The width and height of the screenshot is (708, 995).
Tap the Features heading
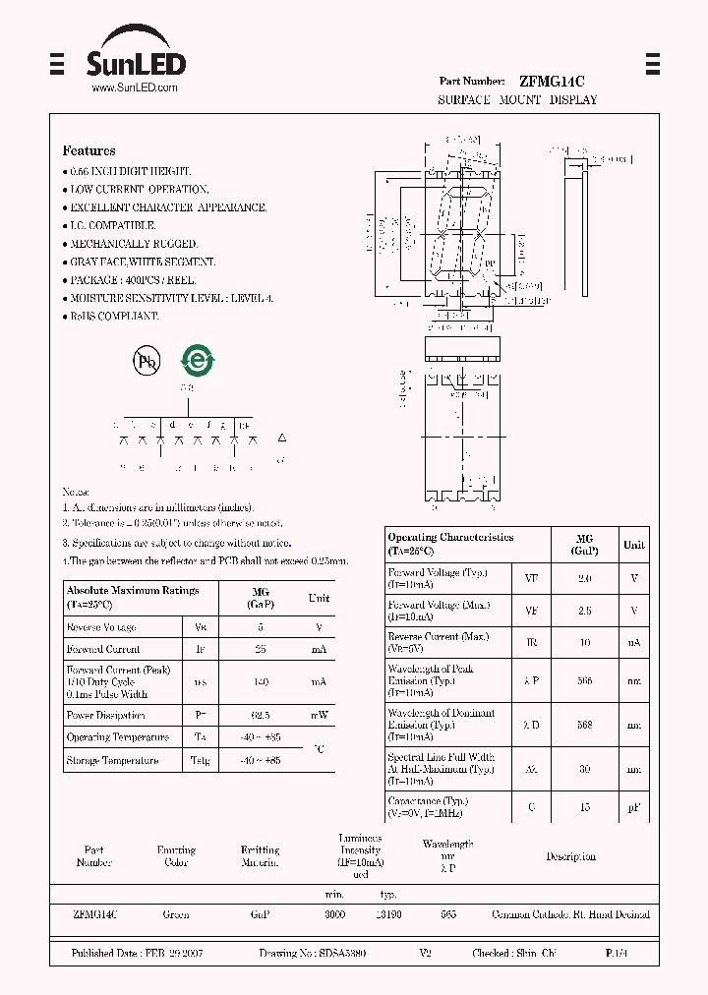pyautogui.click(x=88, y=150)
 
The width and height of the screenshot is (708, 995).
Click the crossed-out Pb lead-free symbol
pyautogui.click(x=147, y=361)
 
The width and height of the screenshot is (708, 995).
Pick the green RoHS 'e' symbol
pyautogui.click(x=197, y=361)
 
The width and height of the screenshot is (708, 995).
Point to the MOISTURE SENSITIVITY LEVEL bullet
pyautogui.click(x=170, y=298)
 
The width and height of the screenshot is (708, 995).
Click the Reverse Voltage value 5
pyautogui.click(x=261, y=627)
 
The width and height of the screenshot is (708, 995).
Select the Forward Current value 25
pyautogui.click(x=261, y=649)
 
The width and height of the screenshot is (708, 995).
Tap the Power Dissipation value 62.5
pyautogui.click(x=261, y=716)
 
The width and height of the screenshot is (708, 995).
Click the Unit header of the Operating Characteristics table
pyautogui.click(x=634, y=545)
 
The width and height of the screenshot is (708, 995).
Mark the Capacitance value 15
pyautogui.click(x=584, y=807)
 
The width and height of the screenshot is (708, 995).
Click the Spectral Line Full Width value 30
pyautogui.click(x=584, y=769)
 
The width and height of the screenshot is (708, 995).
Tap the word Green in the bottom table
pyautogui.click(x=176, y=914)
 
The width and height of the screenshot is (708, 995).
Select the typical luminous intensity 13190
pyautogui.click(x=387, y=914)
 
